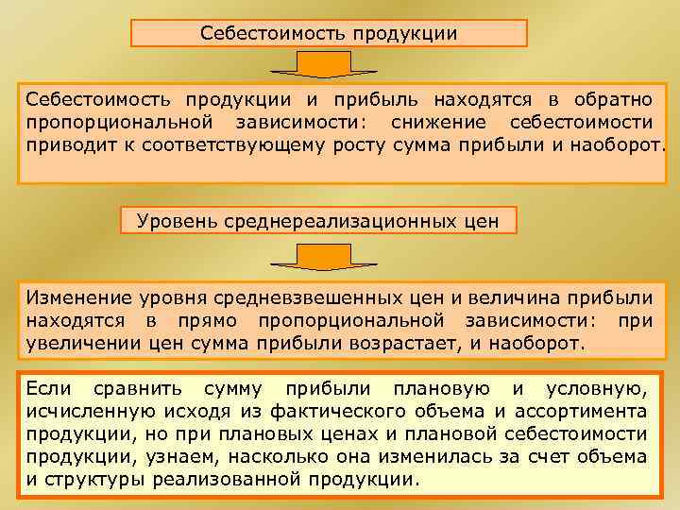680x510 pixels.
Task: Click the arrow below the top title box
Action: point(324,65)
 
